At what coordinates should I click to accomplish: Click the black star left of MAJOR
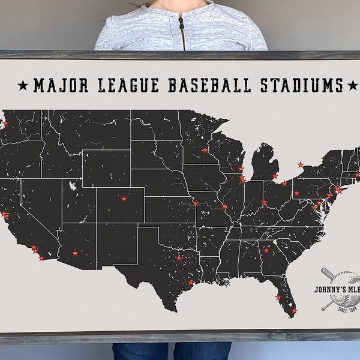tap(23, 86)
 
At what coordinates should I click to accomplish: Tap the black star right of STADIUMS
tap(353, 86)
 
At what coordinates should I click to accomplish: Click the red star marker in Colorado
tap(124, 198)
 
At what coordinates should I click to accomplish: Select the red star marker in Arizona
tap(75, 253)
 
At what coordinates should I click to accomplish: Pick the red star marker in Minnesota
tap(205, 150)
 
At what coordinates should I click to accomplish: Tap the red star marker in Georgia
tap(266, 250)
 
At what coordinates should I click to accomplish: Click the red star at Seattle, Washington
tap(5, 124)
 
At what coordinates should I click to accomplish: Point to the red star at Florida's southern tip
tap(293, 311)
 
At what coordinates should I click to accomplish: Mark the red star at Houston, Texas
tap(191, 283)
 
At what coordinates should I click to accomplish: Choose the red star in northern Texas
tap(179, 258)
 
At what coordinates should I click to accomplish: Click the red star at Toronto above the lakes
tap(301, 164)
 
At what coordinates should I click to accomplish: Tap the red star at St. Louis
tap(224, 206)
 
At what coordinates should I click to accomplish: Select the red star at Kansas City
tap(196, 203)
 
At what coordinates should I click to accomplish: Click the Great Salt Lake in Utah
tap(73, 185)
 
